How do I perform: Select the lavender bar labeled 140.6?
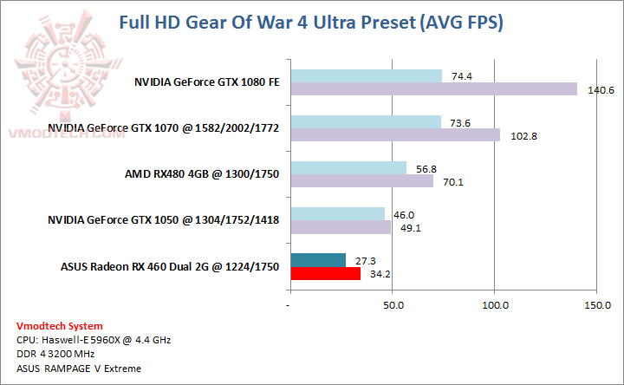pyautogui.click(x=433, y=89)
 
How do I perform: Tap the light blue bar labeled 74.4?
pyautogui.click(x=366, y=76)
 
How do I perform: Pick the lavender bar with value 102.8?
pyautogui.click(x=395, y=135)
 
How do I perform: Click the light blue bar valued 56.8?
pyautogui.click(x=348, y=167)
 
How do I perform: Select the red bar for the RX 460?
pyautogui.click(x=325, y=274)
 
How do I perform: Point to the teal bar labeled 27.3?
pyautogui.click(x=318, y=260)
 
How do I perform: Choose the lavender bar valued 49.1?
pyautogui.click(x=341, y=227)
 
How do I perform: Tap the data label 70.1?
pyautogui.click(x=450, y=182)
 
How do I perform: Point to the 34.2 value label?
pyautogui.click(x=378, y=274)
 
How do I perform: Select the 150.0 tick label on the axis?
pyautogui.click(x=597, y=305)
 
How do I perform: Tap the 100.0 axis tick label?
pyautogui.click(x=495, y=305)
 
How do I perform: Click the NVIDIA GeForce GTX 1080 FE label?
pyautogui.click(x=206, y=83)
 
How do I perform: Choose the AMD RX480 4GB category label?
pyautogui.click(x=202, y=174)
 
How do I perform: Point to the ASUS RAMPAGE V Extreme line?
pyautogui.click(x=67, y=368)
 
